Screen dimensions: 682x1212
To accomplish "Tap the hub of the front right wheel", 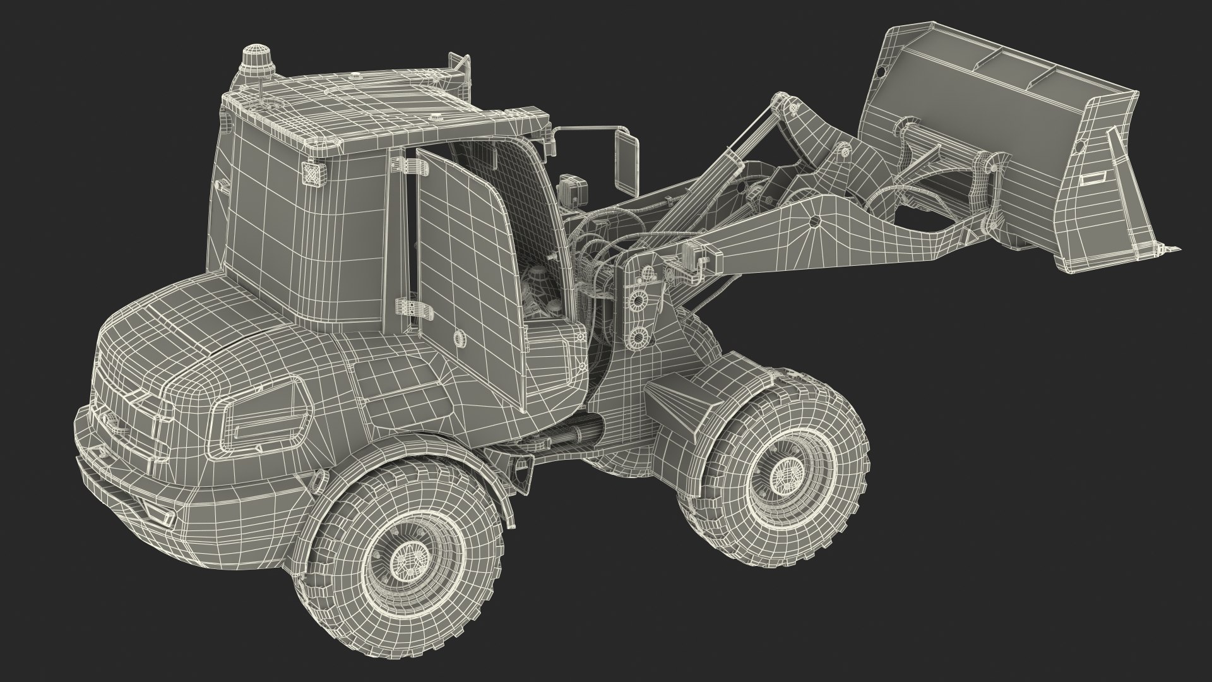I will point(786,470).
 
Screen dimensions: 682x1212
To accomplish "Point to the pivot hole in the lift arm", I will point(814,221).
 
